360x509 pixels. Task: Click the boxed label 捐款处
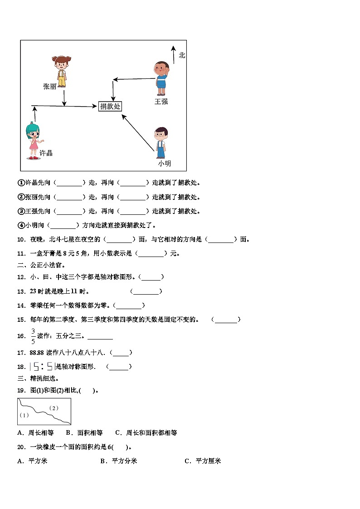click(x=110, y=107)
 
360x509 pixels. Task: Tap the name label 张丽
click(x=49, y=87)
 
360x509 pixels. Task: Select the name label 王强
click(x=161, y=102)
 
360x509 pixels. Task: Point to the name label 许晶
click(x=46, y=153)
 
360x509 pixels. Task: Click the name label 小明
click(x=164, y=163)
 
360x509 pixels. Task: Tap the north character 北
click(x=182, y=55)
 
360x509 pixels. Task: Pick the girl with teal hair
click(x=33, y=141)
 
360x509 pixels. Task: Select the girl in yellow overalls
click(x=61, y=71)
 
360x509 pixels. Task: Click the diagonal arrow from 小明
click(x=138, y=132)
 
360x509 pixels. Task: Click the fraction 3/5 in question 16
click(x=33, y=336)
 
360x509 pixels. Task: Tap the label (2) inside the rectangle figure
click(x=54, y=408)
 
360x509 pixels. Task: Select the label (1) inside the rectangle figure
click(x=24, y=415)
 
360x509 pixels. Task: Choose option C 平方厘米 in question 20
click(x=203, y=461)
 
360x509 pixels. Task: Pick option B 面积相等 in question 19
click(x=84, y=432)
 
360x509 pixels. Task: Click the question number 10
click(x=21, y=239)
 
